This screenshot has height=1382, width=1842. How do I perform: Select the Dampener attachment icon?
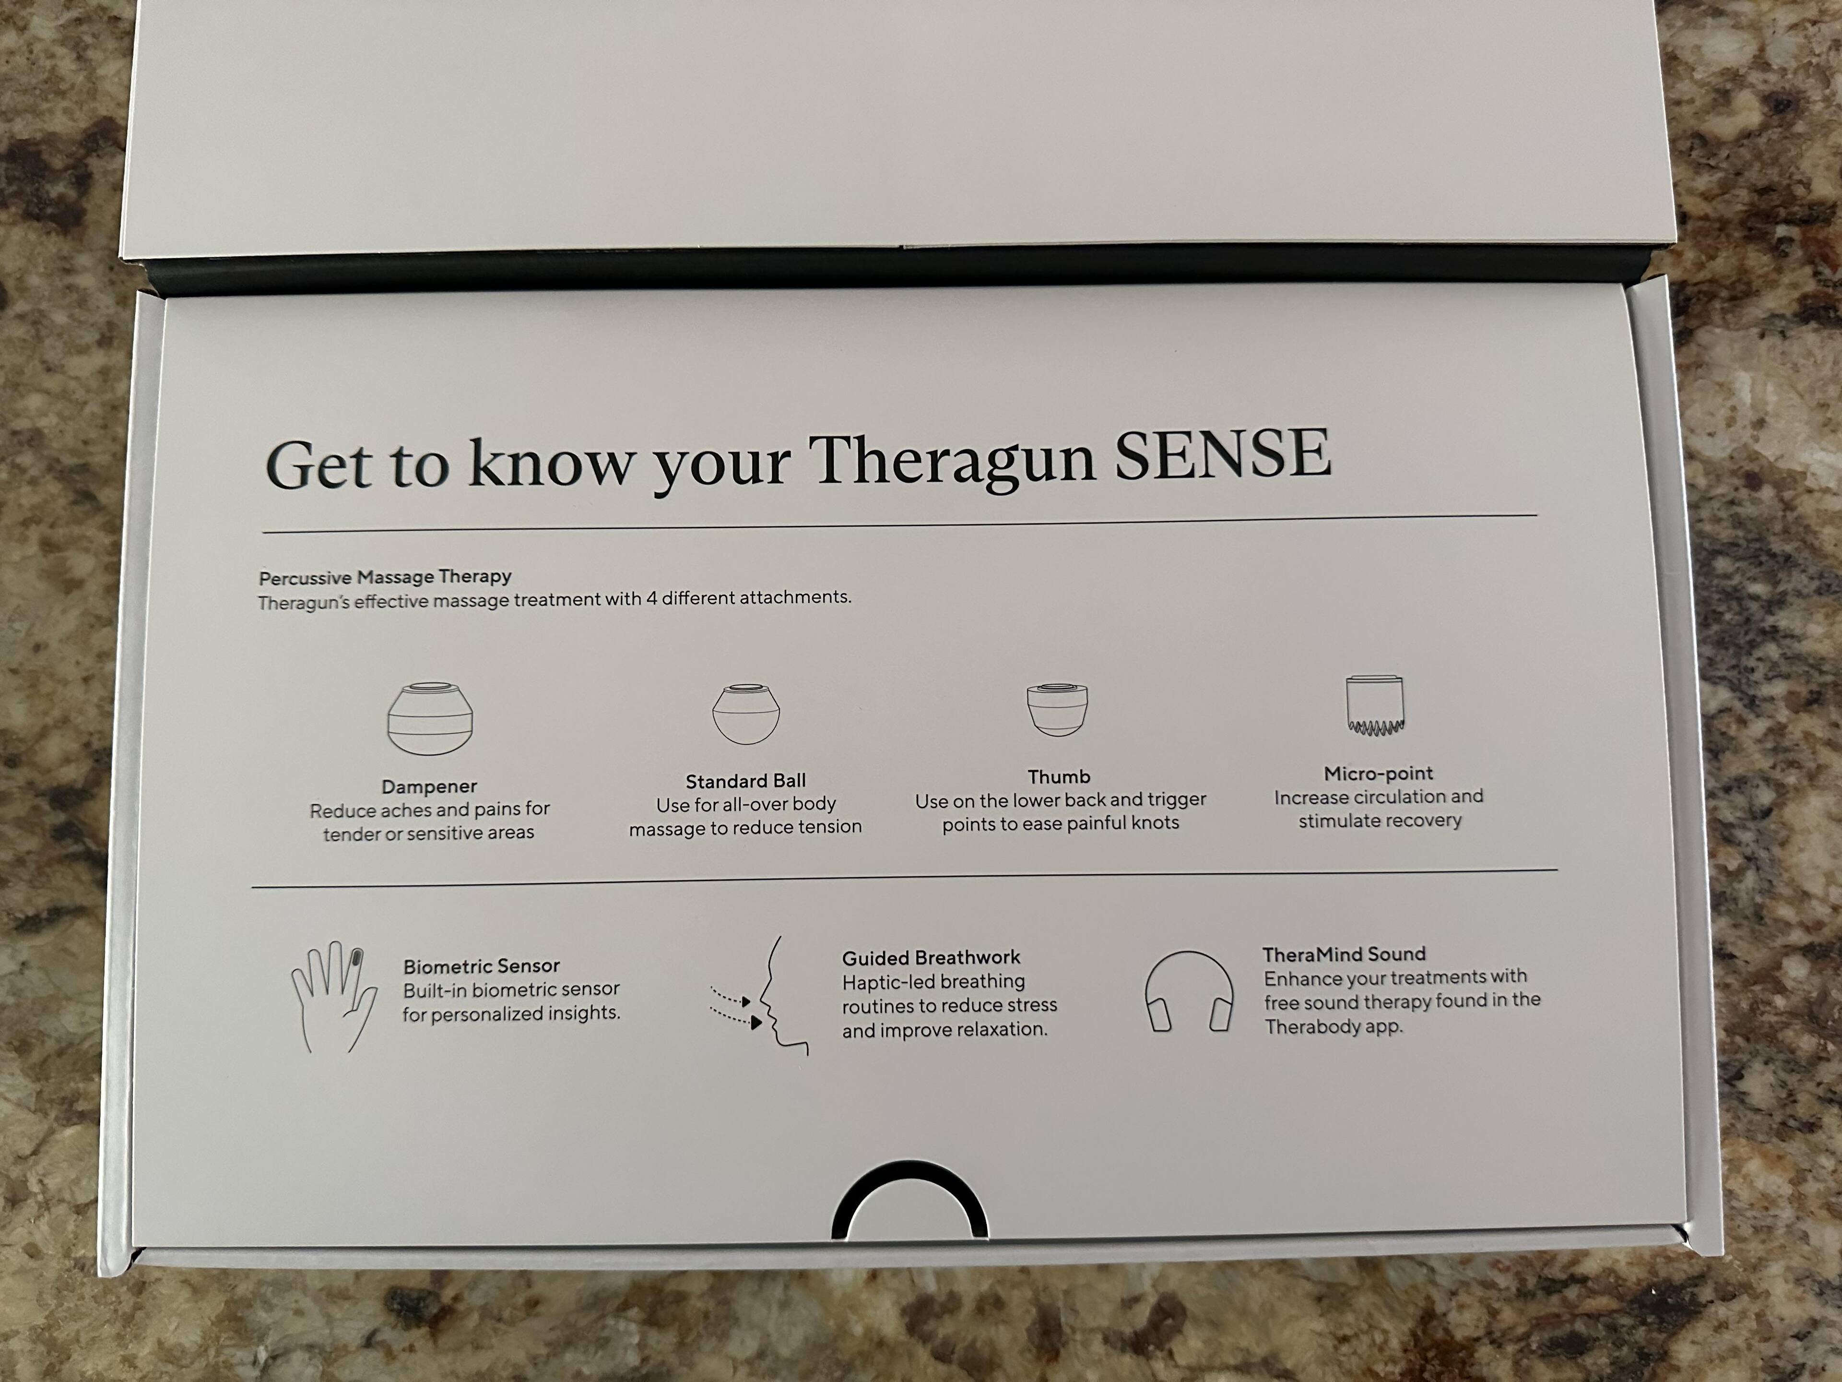click(x=430, y=718)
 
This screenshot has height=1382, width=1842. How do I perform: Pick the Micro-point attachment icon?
click(x=1375, y=705)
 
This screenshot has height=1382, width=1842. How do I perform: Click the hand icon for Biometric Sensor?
click(x=332, y=996)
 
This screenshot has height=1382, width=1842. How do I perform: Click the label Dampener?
click(x=429, y=786)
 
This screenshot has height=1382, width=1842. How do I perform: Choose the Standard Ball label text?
click(x=745, y=781)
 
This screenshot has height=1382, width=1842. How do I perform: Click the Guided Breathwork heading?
click(x=931, y=958)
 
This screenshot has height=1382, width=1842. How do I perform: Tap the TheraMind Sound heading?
click(x=1344, y=954)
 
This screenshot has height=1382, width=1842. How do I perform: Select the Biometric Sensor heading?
click(x=481, y=966)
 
